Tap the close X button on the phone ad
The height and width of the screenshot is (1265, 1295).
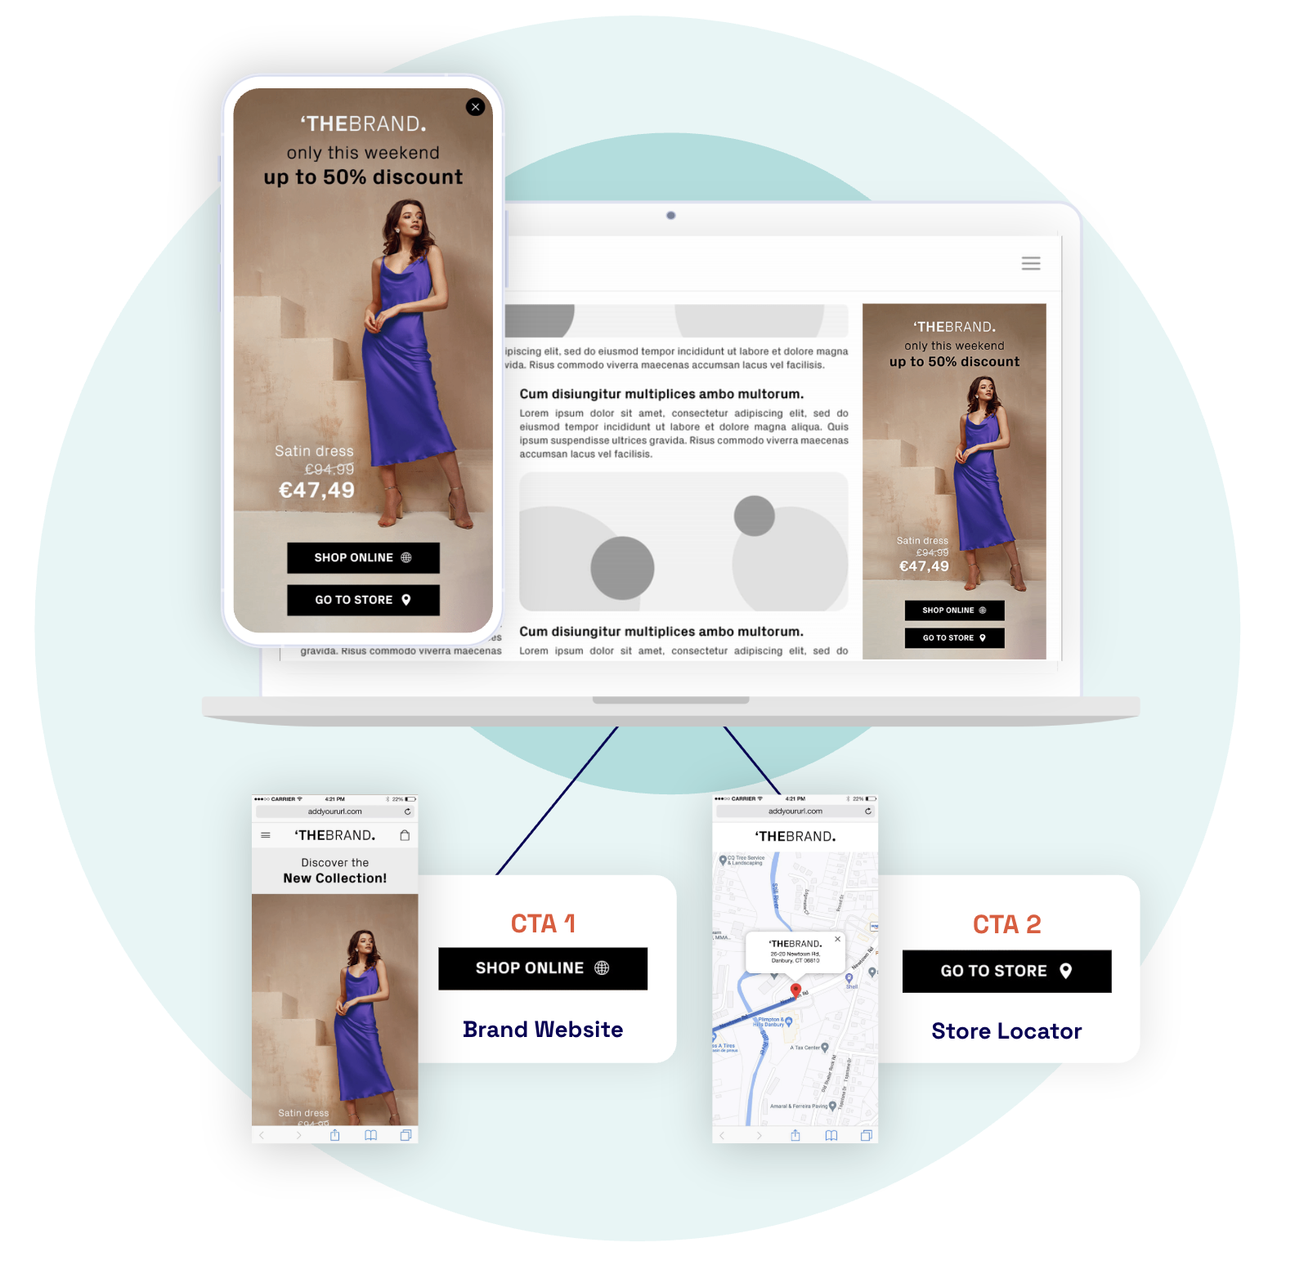tap(475, 107)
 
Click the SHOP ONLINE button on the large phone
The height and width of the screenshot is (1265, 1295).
tap(363, 557)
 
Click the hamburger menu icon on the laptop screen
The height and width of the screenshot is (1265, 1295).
tap(1030, 263)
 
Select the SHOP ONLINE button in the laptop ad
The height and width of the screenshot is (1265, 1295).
tap(954, 610)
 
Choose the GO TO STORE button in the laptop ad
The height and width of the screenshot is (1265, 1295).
tap(954, 638)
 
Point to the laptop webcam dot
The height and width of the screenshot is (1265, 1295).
tap(670, 216)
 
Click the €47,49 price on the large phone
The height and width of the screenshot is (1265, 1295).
tap(316, 490)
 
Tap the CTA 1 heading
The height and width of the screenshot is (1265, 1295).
tap(543, 924)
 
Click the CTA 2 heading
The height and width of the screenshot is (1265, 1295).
tap(1006, 924)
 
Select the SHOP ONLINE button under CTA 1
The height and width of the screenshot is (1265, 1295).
tap(543, 968)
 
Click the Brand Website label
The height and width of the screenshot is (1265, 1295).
tap(543, 1030)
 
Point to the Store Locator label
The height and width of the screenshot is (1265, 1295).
tap(1006, 1031)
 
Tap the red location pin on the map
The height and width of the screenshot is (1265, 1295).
tap(795, 991)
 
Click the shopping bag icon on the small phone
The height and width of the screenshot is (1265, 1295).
tap(405, 835)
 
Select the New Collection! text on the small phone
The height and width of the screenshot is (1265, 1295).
tap(335, 878)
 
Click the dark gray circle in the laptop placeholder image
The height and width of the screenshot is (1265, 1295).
tap(622, 568)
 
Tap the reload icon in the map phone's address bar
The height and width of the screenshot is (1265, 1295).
tap(867, 811)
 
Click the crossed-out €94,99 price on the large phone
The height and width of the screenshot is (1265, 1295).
tap(329, 470)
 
